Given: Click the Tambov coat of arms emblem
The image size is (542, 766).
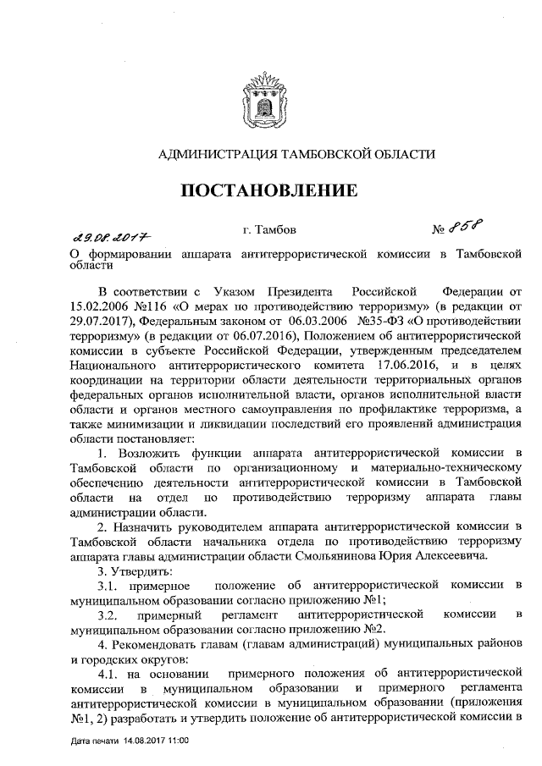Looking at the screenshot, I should coord(270,100).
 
